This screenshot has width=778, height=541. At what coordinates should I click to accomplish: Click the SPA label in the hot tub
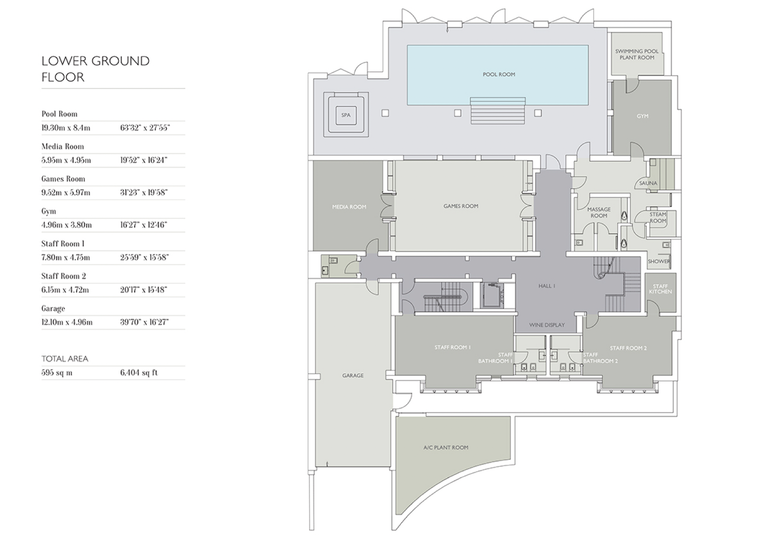pyautogui.click(x=346, y=115)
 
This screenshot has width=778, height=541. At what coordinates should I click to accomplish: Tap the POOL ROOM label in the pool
pyautogui.click(x=499, y=74)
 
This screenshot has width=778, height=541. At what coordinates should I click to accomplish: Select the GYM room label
pyautogui.click(x=642, y=116)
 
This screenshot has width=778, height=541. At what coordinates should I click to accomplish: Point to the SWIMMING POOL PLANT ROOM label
pyautogui.click(x=637, y=54)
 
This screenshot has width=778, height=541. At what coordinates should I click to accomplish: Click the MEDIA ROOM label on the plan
pyautogui.click(x=349, y=207)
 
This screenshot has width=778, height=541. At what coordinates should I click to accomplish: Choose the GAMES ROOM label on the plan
pyautogui.click(x=461, y=206)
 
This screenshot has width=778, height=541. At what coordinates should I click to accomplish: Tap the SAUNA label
pyautogui.click(x=648, y=183)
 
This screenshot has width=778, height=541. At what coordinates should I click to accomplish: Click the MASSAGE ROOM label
pyautogui.click(x=599, y=212)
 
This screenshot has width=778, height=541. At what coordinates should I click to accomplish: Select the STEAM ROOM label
pyautogui.click(x=657, y=218)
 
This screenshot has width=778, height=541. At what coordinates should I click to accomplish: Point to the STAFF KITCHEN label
pyautogui.click(x=660, y=289)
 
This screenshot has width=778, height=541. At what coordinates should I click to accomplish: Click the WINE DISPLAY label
pyautogui.click(x=547, y=325)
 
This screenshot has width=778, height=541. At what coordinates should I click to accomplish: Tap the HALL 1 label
pyautogui.click(x=547, y=286)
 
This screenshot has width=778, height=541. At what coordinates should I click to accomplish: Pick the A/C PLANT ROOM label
pyautogui.click(x=445, y=448)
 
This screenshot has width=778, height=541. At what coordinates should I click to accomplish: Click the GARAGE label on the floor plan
pyautogui.click(x=353, y=376)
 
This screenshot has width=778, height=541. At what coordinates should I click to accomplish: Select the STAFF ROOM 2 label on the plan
pyautogui.click(x=628, y=348)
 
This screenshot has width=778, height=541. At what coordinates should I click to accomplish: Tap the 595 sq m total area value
pyautogui.click(x=57, y=373)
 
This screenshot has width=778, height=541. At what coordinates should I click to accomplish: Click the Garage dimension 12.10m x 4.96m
pyautogui.click(x=67, y=322)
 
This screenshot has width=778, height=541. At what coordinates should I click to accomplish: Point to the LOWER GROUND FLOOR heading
pyautogui.click(x=95, y=69)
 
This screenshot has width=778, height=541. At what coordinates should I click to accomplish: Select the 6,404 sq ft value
pyautogui.click(x=139, y=373)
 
